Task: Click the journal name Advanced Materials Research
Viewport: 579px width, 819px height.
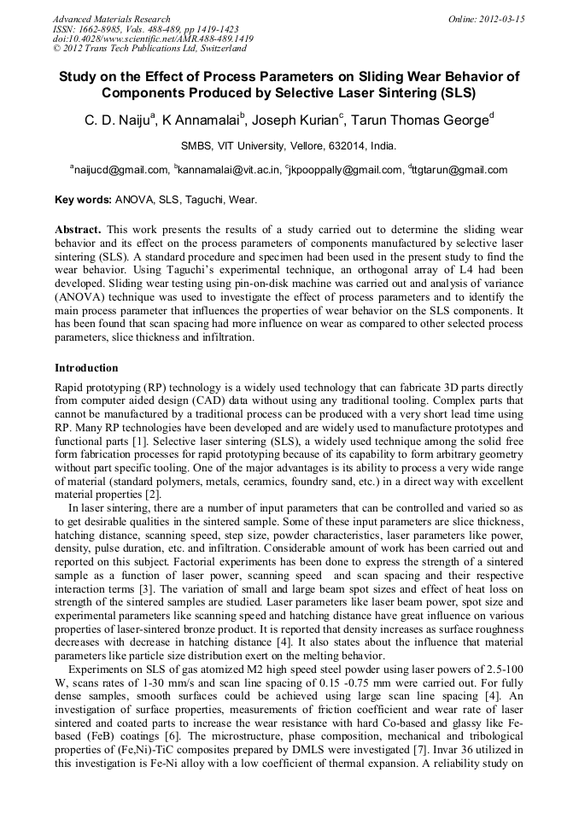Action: click(x=111, y=19)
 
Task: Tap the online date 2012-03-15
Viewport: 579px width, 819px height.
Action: click(x=503, y=19)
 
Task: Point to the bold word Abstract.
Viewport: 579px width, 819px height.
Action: click(x=78, y=231)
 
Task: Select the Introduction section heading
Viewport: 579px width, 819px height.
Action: click(x=86, y=368)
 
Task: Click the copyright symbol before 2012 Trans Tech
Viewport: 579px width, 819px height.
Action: click(x=57, y=49)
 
